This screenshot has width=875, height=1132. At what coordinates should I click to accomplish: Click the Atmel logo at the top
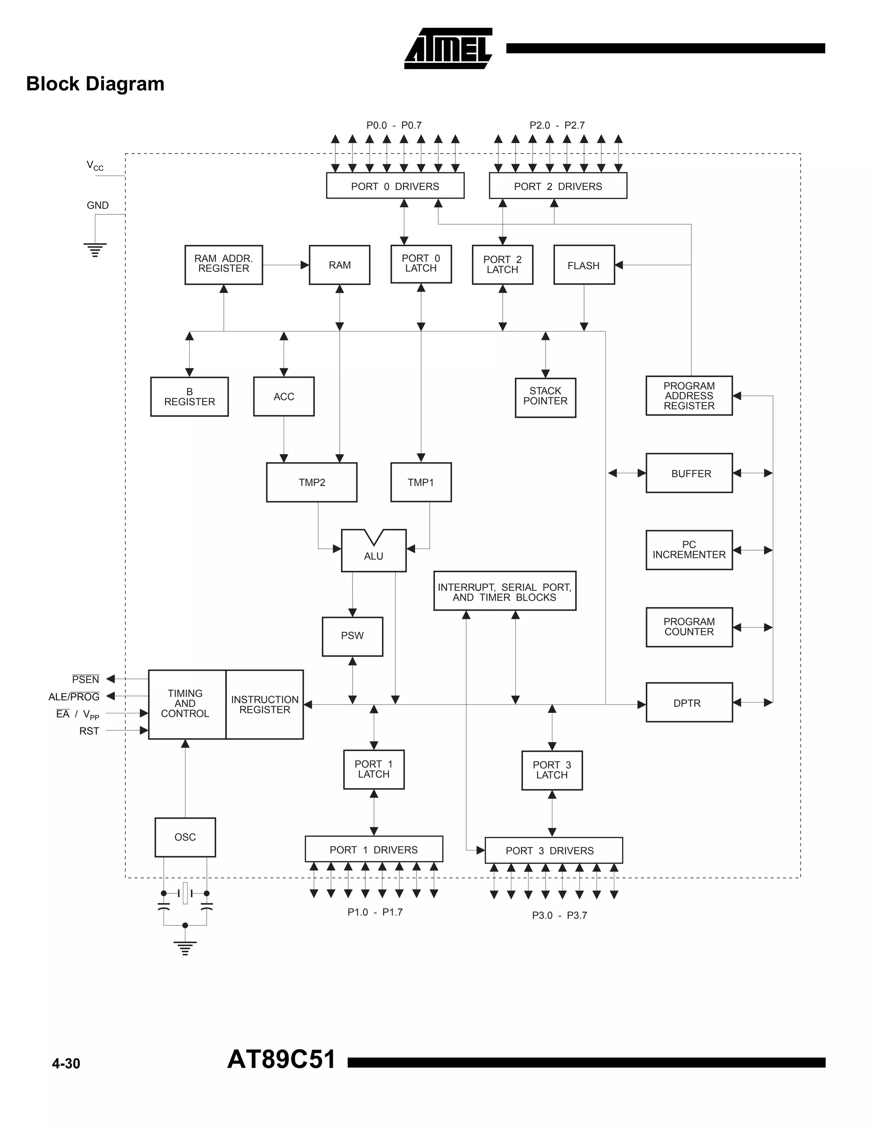point(448,48)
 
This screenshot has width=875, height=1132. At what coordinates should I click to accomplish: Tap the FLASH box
point(584,265)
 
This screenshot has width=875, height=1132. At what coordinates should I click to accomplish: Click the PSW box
point(352,636)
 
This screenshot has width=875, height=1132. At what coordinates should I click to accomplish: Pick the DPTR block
point(688,703)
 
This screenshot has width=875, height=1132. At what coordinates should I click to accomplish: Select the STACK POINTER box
point(545,397)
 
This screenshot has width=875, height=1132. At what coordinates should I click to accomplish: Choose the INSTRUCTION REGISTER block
point(265,704)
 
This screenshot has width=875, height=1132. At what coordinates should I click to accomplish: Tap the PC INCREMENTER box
point(688,550)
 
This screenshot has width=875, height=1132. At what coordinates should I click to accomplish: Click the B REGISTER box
point(189,396)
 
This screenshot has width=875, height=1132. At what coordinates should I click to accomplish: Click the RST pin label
point(89,731)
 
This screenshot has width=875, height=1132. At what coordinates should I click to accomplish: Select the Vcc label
point(94,166)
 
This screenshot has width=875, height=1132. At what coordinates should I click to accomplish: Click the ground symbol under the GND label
point(95,250)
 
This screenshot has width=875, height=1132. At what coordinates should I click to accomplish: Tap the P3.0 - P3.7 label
point(559,915)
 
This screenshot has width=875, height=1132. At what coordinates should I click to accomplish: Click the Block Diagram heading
point(95,84)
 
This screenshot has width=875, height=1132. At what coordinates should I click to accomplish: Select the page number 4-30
point(66,1064)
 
